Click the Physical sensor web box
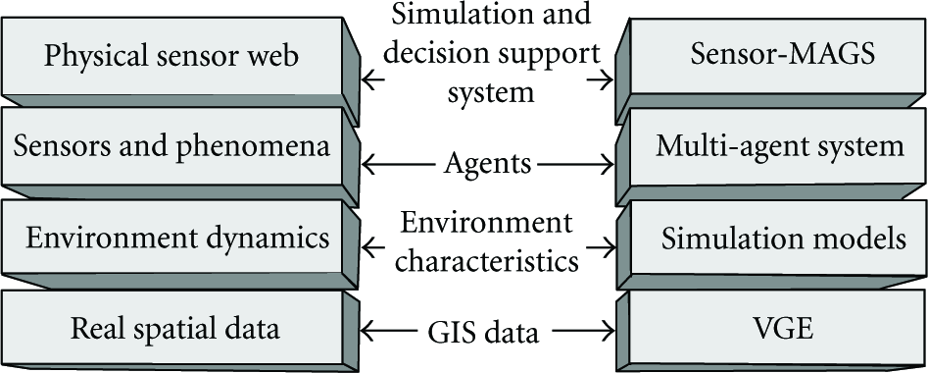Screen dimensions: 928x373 pyautogui.click(x=171, y=56)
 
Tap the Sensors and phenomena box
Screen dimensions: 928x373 pyautogui.click(x=171, y=146)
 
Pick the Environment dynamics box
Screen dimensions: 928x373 pyautogui.click(x=171, y=238)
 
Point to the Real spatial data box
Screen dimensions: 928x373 pyautogui.click(x=171, y=328)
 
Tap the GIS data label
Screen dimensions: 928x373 pyautogui.click(x=483, y=332)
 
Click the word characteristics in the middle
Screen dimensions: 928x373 pyautogui.click(x=487, y=261)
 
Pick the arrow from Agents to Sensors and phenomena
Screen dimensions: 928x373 pyautogui.click(x=400, y=165)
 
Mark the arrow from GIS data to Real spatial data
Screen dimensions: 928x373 pyautogui.click(x=391, y=331)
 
